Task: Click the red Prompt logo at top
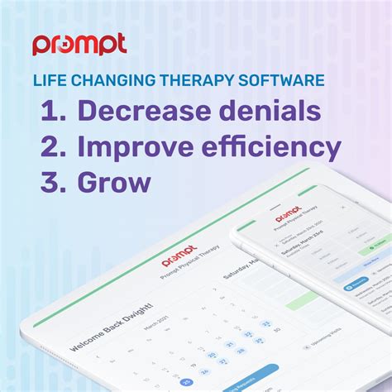point(79,44)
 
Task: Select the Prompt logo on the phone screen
point(287,217)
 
